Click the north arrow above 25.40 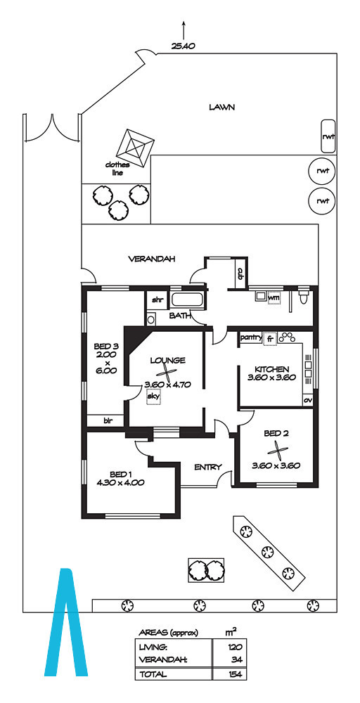point(184,30)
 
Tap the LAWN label point(222,107)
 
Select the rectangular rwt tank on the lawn point(328,137)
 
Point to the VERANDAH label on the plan point(152,259)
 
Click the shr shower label point(157,300)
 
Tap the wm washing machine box point(274,297)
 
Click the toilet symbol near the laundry point(304,297)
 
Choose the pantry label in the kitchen point(250,337)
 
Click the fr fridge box point(269,339)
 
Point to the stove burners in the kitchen point(286,337)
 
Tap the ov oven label point(307,399)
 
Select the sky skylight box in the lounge point(153,397)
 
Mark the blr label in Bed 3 point(108,420)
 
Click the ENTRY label point(207,467)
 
